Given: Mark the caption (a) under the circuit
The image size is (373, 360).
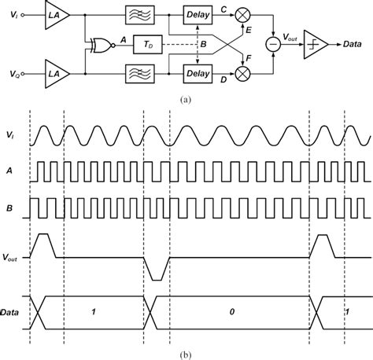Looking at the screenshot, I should pos(186,99).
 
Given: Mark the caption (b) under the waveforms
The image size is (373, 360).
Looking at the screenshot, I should pos(186,352).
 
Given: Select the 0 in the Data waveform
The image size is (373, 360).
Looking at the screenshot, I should pos(232,312).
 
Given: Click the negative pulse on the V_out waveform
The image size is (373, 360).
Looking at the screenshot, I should pos(156,268).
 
